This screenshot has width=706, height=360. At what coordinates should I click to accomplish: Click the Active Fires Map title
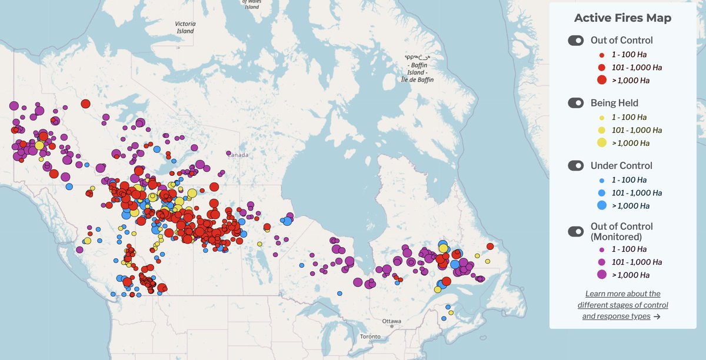tap(622, 18)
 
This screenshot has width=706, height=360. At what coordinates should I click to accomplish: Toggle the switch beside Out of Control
tap(575, 41)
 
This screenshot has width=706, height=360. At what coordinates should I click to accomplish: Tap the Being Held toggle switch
tap(575, 103)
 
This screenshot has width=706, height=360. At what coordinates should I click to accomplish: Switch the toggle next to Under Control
tap(575, 166)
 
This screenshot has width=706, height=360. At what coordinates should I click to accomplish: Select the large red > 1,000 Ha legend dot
tap(601, 80)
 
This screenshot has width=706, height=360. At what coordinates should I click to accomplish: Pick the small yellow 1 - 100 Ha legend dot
tap(601, 118)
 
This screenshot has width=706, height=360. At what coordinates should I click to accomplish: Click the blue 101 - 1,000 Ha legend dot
tap(601, 192)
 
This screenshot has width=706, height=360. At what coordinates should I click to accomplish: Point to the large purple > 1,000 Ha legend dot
tap(601, 275)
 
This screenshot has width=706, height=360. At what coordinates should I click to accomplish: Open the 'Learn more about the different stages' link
tap(622, 305)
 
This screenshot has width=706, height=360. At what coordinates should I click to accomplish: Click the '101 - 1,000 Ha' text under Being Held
tap(638, 130)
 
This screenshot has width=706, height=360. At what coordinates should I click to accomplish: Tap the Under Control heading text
tap(621, 166)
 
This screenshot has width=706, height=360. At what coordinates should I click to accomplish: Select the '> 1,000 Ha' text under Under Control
tap(631, 205)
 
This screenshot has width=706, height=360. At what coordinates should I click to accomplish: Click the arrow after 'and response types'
tap(656, 316)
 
